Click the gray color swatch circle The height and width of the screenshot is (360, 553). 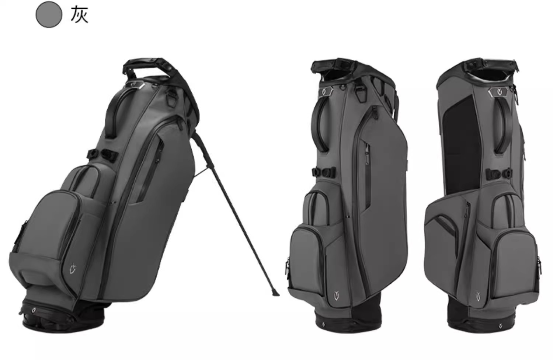[x=49, y=15]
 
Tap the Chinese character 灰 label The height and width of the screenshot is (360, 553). [x=80, y=15]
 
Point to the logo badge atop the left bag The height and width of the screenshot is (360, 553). [x=135, y=84]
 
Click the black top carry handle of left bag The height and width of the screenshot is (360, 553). [x=146, y=66]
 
